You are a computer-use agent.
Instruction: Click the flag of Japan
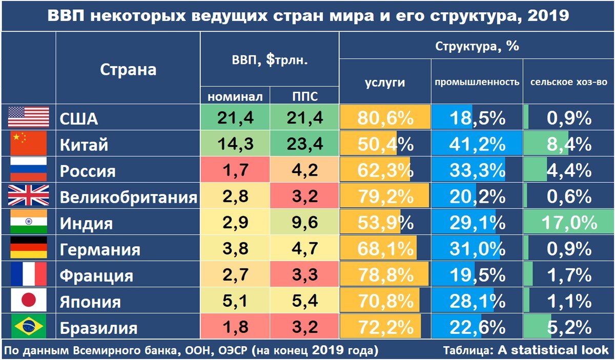[x=29, y=301]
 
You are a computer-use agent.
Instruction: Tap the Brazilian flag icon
[x=29, y=327]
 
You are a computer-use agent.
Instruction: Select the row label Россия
[x=88, y=171]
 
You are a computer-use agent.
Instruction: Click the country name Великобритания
[x=128, y=197]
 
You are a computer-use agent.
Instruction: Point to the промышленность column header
[x=477, y=82]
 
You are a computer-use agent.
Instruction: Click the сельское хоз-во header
[x=568, y=82]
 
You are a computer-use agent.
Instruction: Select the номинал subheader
[x=235, y=96]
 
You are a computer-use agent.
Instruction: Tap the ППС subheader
[x=304, y=96]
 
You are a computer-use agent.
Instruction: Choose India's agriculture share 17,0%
[x=569, y=223]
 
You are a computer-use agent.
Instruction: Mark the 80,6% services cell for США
[x=385, y=118]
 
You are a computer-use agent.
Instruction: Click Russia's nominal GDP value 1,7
[x=235, y=171]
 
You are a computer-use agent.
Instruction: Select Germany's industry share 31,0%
[x=477, y=249]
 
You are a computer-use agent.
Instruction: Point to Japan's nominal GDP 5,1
[x=235, y=301]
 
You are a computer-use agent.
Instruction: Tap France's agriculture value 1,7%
[x=569, y=276]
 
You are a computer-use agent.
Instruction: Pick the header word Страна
[x=128, y=69]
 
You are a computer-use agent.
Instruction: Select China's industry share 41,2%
[x=477, y=144]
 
